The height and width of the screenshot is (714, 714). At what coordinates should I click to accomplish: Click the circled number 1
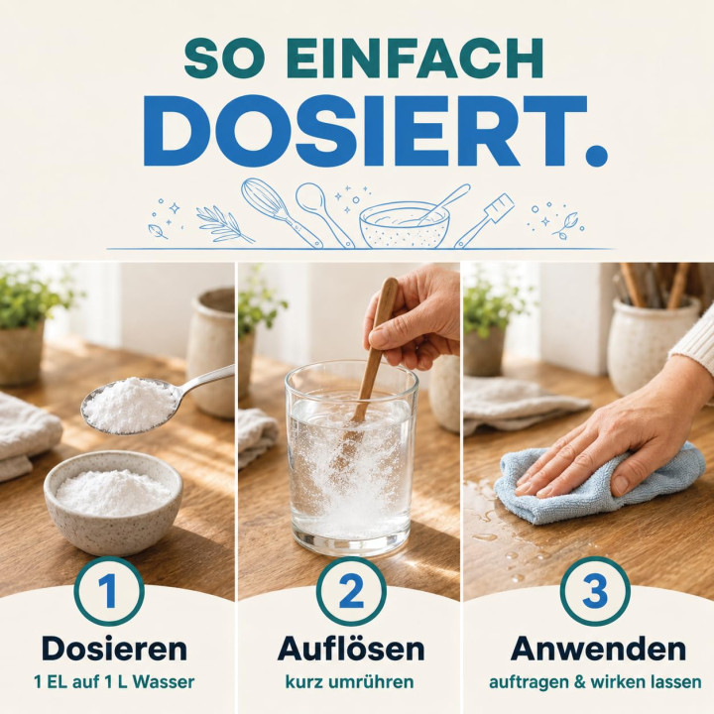(x=109, y=591)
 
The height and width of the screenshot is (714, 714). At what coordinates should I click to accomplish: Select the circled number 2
(x=351, y=591)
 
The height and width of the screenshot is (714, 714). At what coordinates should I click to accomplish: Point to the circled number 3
(x=595, y=591)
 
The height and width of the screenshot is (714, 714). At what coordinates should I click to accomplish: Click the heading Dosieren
(x=114, y=649)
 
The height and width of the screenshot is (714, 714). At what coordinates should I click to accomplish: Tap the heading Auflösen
(x=351, y=649)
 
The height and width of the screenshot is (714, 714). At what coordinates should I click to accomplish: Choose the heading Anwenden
(x=598, y=649)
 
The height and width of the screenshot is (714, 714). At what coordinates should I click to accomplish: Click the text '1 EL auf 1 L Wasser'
(x=114, y=682)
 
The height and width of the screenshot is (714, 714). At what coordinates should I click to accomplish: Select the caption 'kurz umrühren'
(x=349, y=682)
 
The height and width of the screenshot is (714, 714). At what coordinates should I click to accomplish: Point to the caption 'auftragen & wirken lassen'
(x=595, y=682)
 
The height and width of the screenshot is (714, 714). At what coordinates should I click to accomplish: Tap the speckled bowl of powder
(x=113, y=501)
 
